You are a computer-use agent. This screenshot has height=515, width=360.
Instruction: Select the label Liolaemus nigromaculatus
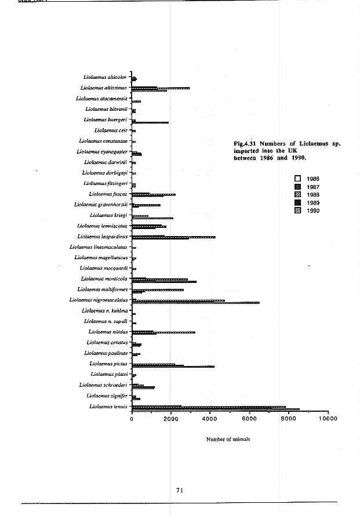click(x=98, y=300)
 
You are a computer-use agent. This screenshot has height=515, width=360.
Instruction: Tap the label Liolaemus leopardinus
click(x=102, y=236)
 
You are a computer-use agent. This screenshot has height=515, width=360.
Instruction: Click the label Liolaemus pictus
click(x=108, y=364)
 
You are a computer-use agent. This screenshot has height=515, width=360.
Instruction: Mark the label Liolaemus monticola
click(x=104, y=278)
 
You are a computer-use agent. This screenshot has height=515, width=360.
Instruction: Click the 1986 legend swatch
click(x=299, y=179)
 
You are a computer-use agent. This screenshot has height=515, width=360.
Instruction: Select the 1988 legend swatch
click(x=299, y=194)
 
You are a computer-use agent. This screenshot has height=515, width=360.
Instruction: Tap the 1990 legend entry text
click(x=313, y=211)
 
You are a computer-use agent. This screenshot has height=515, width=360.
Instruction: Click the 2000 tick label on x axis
click(x=170, y=418)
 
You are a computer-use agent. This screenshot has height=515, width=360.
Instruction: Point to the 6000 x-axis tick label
click(x=249, y=418)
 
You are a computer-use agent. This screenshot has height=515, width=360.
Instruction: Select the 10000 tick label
click(x=327, y=418)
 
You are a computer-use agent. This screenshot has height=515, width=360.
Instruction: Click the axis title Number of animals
click(x=228, y=439)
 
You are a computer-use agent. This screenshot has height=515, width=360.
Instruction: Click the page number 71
click(x=180, y=490)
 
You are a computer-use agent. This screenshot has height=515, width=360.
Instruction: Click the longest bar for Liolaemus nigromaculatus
click(x=195, y=303)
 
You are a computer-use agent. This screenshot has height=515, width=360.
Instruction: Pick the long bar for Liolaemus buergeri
click(x=150, y=122)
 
